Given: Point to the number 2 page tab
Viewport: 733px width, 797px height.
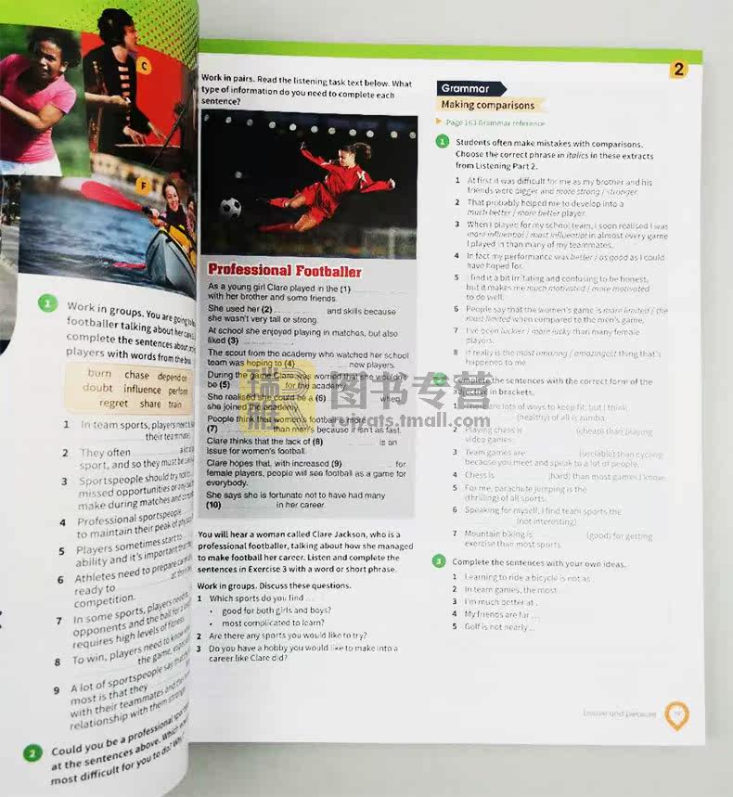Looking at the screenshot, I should tap(678, 70).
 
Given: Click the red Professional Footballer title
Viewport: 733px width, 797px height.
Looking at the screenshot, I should tap(284, 271).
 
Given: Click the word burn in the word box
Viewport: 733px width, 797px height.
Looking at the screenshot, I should tap(99, 374).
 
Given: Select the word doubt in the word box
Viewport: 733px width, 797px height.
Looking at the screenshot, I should tap(97, 389).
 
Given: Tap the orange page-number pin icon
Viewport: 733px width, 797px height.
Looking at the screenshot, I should tap(677, 713).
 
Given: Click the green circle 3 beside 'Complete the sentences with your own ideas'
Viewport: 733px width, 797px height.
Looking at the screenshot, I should tap(439, 561).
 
